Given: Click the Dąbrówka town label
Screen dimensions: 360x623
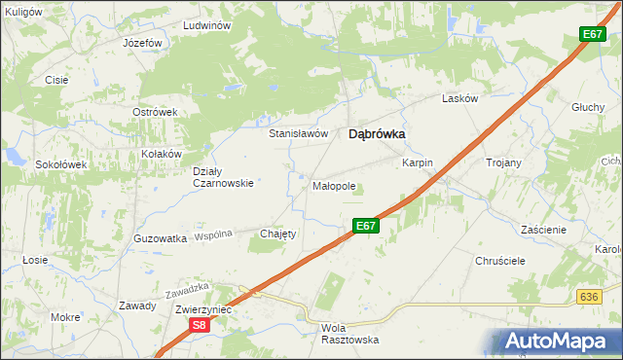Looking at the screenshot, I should [x=377, y=136].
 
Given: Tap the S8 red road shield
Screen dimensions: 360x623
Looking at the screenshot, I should [x=199, y=326].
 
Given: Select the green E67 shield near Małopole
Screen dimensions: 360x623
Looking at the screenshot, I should [x=364, y=226].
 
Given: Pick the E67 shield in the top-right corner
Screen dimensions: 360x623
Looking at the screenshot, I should [x=593, y=34].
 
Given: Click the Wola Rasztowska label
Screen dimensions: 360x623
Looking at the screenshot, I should [x=348, y=334].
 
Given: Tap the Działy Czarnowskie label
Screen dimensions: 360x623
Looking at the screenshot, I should [x=223, y=175].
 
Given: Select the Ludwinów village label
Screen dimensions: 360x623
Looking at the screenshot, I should [x=204, y=25].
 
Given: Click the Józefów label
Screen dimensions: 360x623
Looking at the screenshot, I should [x=142, y=45].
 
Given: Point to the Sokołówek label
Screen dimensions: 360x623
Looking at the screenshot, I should [x=61, y=164].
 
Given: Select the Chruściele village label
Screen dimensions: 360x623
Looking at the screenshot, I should [x=500, y=262].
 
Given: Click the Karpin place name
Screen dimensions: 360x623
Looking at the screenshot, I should [x=417, y=162].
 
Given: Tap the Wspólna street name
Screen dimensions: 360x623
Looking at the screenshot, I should [x=213, y=235].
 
